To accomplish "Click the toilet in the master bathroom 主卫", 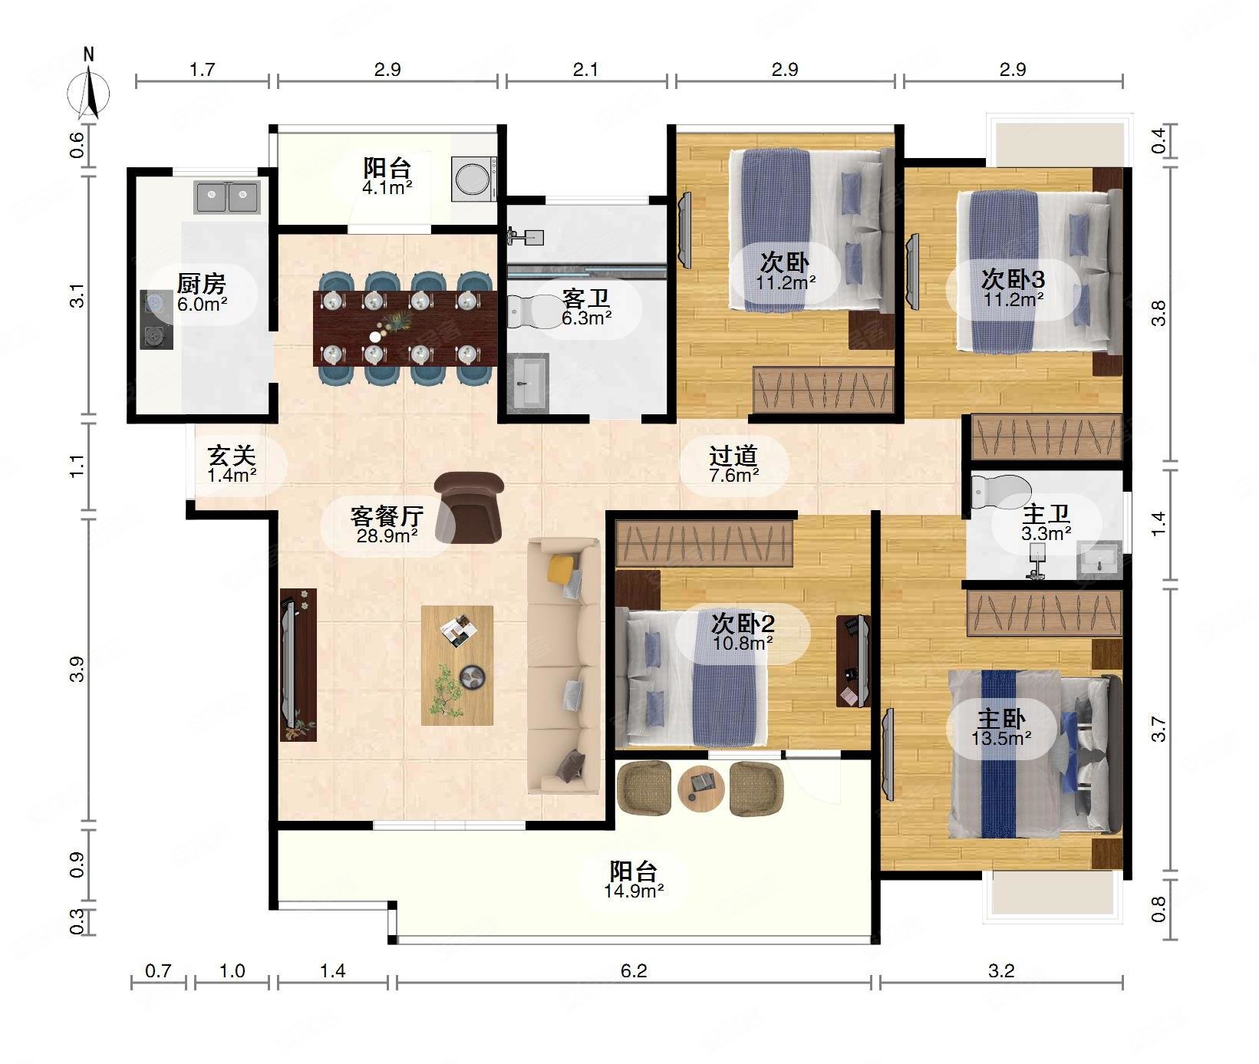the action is click(1000, 491).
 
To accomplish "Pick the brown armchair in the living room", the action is click(469, 507).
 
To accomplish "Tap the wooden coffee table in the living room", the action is click(457, 665).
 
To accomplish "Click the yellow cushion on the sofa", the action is click(561, 568).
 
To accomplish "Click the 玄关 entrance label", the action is click(232, 456).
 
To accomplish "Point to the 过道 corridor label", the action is click(733, 456).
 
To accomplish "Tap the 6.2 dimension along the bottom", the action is click(634, 971).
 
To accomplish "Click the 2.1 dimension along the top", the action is click(585, 70).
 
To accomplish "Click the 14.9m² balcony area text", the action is click(634, 891).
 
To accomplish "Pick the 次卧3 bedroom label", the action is click(1013, 278).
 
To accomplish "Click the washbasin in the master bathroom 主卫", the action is click(1099, 561).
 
